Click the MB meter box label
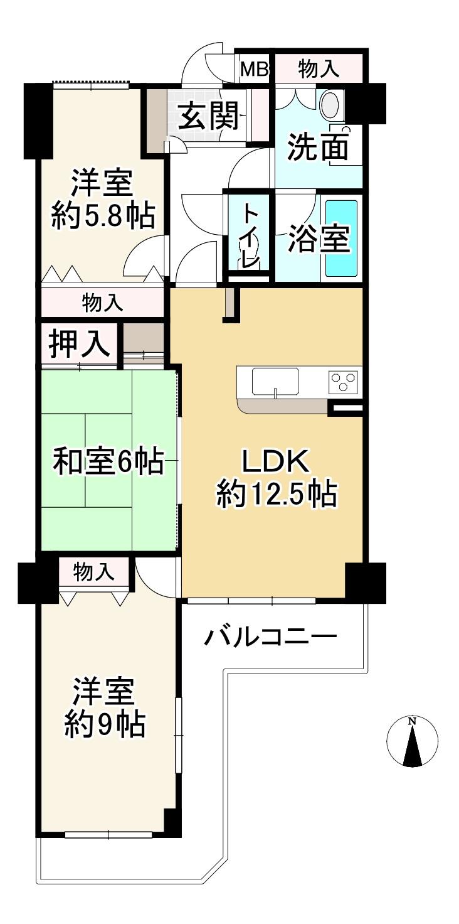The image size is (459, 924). click(x=255, y=69)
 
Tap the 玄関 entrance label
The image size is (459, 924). click(x=209, y=116)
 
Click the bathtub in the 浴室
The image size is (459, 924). click(x=342, y=239)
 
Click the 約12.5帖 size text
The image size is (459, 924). click(x=277, y=494)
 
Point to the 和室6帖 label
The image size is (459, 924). click(x=108, y=461)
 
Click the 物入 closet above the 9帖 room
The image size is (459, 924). click(x=94, y=572)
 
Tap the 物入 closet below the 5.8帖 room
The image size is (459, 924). click(x=103, y=303)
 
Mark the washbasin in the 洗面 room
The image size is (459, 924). click(x=332, y=105)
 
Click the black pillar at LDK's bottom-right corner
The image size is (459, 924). click(x=366, y=582)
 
